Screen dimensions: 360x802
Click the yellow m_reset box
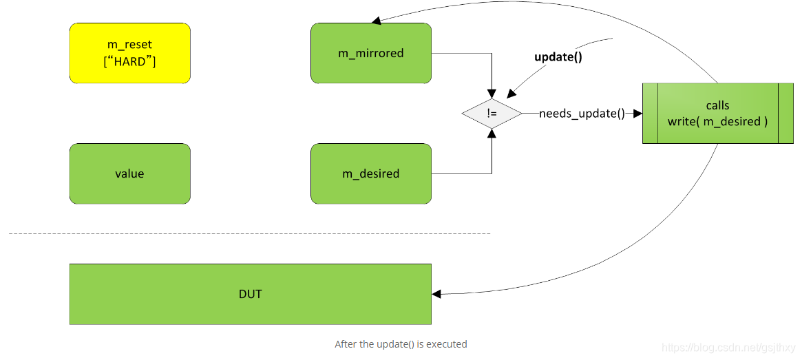pyautogui.click(x=129, y=53)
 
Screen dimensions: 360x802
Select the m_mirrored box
pyautogui.click(x=370, y=53)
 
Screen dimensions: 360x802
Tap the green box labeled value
pyautogui.click(x=129, y=173)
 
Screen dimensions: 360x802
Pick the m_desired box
pyautogui.click(x=370, y=173)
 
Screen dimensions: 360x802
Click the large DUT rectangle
pyautogui.click(x=250, y=294)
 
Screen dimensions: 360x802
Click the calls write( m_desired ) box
pyautogui.click(x=717, y=114)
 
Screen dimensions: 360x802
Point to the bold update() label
pyautogui.click(x=558, y=57)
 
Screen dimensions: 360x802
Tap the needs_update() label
pyautogui.click(x=582, y=114)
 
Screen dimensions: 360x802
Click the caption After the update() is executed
pyautogui.click(x=401, y=343)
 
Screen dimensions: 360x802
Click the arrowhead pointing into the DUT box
pyautogui.click(x=436, y=294)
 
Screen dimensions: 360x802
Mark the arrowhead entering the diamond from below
pyautogui.click(x=492, y=134)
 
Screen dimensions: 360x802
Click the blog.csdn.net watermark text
pyautogui.click(x=728, y=348)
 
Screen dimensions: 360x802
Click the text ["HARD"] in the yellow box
pyautogui.click(x=129, y=62)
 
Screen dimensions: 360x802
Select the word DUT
pyautogui.click(x=250, y=294)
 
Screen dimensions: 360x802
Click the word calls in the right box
pyautogui.click(x=717, y=105)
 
